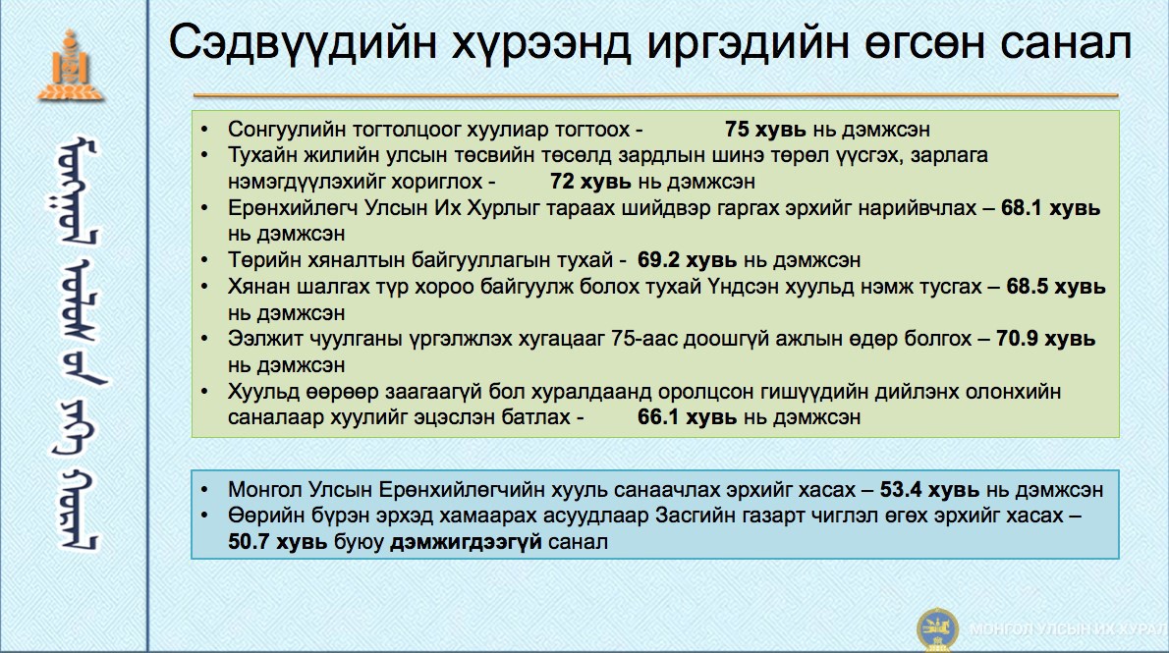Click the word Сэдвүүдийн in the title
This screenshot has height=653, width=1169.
303,42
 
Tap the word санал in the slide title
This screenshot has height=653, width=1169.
1066,42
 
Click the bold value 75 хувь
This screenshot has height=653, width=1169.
765,129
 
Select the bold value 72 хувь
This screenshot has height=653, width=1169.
590,181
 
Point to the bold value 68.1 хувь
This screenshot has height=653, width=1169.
1050,207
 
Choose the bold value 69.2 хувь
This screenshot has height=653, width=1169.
687,259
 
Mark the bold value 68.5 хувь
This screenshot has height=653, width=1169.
1056,287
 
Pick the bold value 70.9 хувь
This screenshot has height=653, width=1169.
1045,339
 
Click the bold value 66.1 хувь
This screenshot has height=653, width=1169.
687,416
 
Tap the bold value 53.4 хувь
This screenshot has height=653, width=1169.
929,489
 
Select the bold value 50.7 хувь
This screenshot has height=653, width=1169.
277,541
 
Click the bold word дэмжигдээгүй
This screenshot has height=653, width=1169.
466,542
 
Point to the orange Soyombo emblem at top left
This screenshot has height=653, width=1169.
71,66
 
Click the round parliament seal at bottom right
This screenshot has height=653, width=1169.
937,629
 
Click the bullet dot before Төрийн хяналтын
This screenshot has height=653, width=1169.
205,260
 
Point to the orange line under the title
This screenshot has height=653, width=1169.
656,95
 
